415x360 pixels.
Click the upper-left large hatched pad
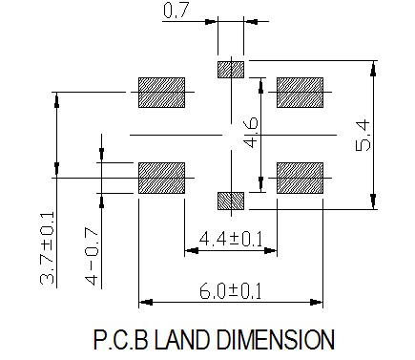pos(161,93)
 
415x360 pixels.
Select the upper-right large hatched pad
pos(300,93)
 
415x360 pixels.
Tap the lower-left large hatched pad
pos(161,178)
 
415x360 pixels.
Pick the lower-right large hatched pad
pos(300,178)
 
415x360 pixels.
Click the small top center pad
pos(231,70)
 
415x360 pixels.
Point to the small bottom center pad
pos(231,201)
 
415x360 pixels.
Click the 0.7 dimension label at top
pos(176,10)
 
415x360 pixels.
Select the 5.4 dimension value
pos(363,135)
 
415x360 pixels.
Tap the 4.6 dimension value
pos(251,132)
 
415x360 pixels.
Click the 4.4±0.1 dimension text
pos(231,240)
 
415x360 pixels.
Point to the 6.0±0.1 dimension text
pos(230,291)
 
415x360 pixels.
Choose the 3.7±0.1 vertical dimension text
pos(48,247)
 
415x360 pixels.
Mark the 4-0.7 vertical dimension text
pos(92,256)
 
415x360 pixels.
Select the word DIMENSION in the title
pos(276,340)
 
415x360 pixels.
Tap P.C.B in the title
pos(121,340)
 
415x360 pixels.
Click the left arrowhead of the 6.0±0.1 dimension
pos(146,302)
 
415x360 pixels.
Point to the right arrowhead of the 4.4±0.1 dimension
pos(270,250)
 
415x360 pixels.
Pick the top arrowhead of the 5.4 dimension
pos(374,69)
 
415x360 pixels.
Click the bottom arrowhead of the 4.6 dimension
pos(261,184)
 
